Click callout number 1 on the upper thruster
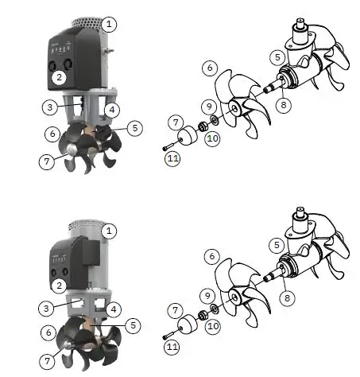click(x=109, y=25)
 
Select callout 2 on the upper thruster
click(x=59, y=77)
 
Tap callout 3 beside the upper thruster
click(x=49, y=106)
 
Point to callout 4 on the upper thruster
click(x=113, y=109)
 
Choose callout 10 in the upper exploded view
click(x=211, y=138)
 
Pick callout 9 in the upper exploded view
click(x=209, y=106)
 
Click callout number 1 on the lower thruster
click(x=110, y=231)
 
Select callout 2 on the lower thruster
click(x=59, y=285)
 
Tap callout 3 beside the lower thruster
click(x=49, y=307)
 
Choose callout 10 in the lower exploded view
click(x=211, y=326)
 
